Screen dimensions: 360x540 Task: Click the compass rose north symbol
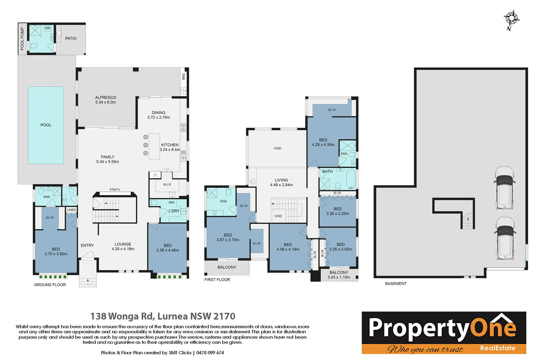[x=511, y=19]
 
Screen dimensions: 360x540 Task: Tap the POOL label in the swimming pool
[x=46, y=125]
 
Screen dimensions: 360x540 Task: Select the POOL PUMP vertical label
[x=22, y=39]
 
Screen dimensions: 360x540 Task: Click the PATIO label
[x=71, y=38]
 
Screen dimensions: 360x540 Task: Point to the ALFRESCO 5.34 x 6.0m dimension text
[x=106, y=102]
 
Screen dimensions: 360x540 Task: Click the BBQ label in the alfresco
[x=183, y=77]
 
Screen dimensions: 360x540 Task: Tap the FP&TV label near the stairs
[x=115, y=190]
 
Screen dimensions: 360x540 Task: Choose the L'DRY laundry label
[x=174, y=211]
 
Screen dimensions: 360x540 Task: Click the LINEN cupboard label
[x=71, y=210]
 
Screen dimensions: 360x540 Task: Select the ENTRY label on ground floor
[x=87, y=245]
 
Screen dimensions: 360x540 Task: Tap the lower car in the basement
[x=505, y=238]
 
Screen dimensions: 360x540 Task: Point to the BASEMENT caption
[x=396, y=284]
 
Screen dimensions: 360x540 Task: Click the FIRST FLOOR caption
[x=217, y=280]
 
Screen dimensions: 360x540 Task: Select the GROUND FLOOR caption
[x=50, y=285]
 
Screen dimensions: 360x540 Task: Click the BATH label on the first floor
[x=327, y=171]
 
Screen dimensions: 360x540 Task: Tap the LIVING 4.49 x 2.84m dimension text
[x=281, y=185]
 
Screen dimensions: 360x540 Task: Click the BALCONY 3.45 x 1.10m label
[x=339, y=277]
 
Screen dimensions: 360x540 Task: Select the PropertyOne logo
[x=444, y=332]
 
